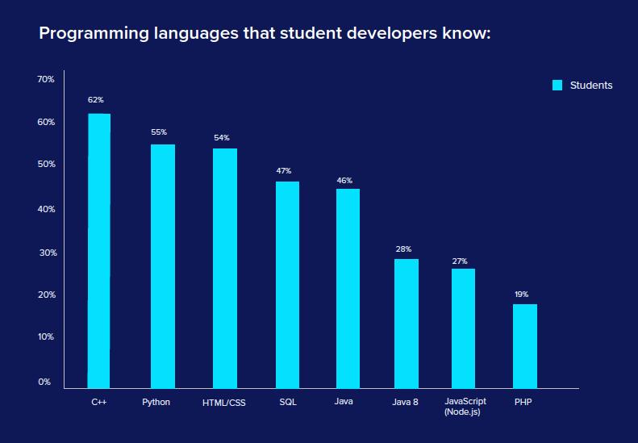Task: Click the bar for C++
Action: [x=98, y=250]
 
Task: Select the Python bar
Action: [x=162, y=266]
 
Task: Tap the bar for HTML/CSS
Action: [x=225, y=268]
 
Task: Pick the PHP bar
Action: [x=525, y=346]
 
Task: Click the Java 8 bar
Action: [x=407, y=323]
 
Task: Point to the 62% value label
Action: [x=96, y=100]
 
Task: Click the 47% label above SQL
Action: [x=283, y=171]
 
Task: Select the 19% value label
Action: [x=521, y=295]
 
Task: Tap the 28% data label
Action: [x=403, y=249]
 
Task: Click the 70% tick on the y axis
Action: [x=46, y=79]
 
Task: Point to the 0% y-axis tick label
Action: [x=44, y=382]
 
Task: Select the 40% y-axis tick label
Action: [x=46, y=209]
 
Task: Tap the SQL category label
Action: [x=288, y=401]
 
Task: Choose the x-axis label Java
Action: [x=344, y=401]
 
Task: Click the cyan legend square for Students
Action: [x=557, y=86]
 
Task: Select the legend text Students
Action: [x=591, y=86]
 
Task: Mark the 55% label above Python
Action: [x=159, y=132]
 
